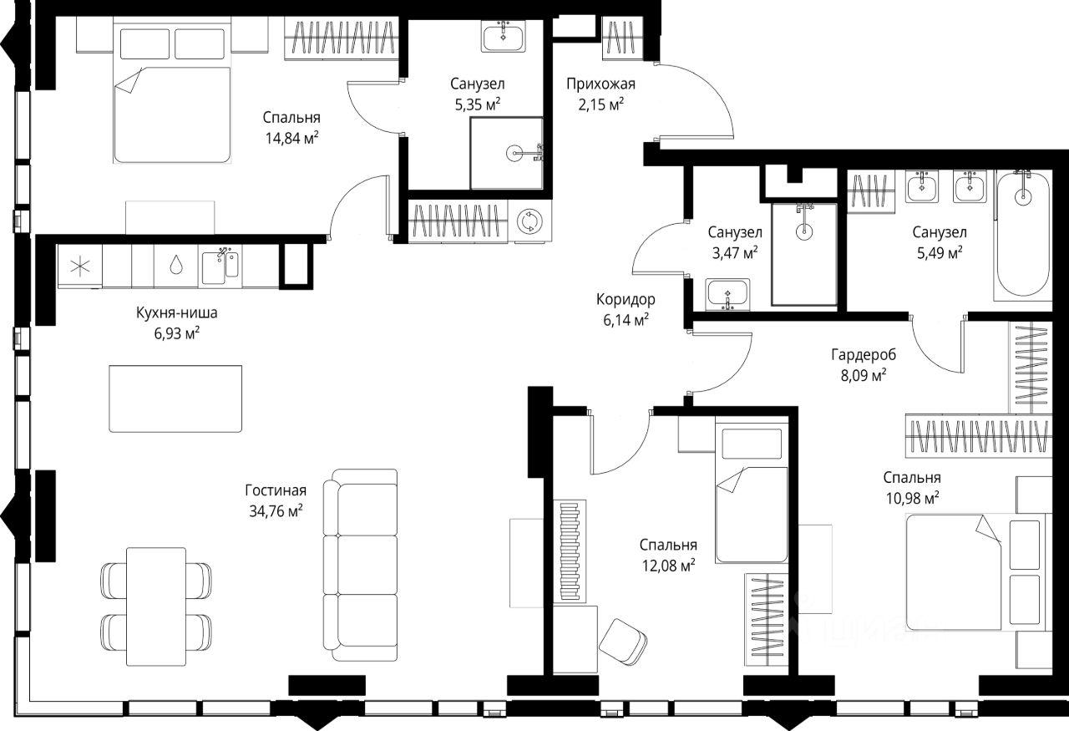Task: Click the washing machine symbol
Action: [529, 221]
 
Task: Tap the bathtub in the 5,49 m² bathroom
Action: [1023, 235]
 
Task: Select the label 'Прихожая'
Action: [600, 84]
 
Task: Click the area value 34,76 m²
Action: [276, 511]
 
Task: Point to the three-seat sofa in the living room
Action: [360, 565]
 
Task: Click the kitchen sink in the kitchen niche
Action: [220, 267]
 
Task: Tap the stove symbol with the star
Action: [79, 266]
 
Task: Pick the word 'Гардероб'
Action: [864, 355]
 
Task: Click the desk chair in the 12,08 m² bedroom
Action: [623, 642]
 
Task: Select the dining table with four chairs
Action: [156, 607]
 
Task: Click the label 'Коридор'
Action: [626, 299]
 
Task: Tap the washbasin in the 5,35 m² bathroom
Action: [503, 36]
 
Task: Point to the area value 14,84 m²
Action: [291, 138]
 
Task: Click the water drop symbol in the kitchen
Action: [175, 265]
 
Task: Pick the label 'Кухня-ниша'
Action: [176, 312]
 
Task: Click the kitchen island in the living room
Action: [175, 398]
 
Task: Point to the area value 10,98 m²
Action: [913, 498]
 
